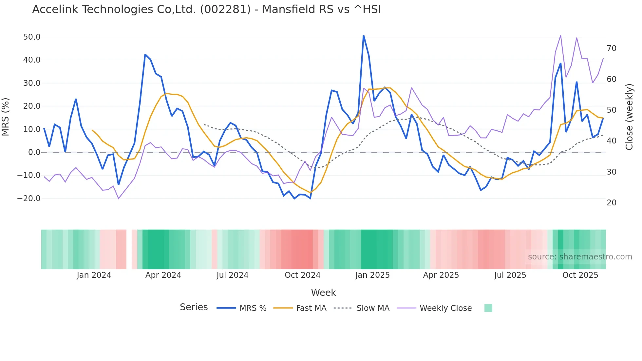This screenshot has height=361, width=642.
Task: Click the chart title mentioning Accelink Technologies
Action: click(206, 9)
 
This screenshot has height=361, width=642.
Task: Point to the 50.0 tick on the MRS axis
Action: click(32, 37)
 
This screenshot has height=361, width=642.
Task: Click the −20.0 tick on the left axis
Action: click(29, 199)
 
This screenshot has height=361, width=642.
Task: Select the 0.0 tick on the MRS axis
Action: click(34, 152)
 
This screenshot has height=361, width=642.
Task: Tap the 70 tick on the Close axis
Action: click(612, 48)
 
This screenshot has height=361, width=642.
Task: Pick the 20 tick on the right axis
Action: click(612, 203)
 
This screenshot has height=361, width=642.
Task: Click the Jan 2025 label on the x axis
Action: click(372, 275)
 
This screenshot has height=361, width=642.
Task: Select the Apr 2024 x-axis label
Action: click(163, 275)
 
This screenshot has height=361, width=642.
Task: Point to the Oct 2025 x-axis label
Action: click(580, 275)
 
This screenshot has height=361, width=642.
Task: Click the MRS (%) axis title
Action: click(6, 117)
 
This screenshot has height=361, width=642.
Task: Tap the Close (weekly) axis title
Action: click(629, 117)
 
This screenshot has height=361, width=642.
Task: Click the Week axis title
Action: click(323, 293)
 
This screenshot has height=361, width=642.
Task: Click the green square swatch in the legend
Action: click(488, 308)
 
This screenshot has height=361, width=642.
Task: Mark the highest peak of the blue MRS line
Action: click(364, 35)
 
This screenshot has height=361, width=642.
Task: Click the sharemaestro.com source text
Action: click(580, 257)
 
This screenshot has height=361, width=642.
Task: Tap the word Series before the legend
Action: click(194, 307)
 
